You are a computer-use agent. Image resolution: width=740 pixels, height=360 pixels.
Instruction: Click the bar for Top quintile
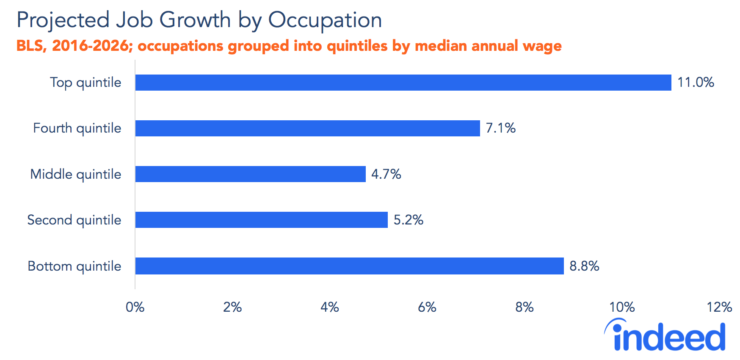pos(403,83)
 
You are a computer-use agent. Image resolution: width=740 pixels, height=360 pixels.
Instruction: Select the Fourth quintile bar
pos(307,128)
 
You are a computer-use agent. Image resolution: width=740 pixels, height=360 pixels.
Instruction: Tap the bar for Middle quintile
pos(250,174)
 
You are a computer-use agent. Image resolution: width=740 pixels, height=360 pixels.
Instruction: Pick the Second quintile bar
pos(261,220)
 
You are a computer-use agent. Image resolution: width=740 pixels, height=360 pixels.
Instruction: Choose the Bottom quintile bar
pos(349,266)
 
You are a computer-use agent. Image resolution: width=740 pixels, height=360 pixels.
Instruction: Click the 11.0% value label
pos(696,82)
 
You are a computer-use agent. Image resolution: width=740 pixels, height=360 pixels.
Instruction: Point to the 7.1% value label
pos(500,128)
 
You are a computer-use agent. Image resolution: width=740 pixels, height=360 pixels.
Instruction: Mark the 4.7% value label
pos(386,174)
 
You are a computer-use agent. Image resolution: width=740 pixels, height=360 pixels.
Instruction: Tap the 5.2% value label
pos(408,220)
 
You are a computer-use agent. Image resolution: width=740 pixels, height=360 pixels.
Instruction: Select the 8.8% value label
pos(584,266)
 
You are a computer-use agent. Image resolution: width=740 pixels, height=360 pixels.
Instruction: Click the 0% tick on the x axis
pos(135,307)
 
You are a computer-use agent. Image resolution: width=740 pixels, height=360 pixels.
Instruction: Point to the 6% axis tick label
pos(427,307)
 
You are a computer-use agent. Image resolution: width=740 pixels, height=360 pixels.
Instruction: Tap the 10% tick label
pos(621,307)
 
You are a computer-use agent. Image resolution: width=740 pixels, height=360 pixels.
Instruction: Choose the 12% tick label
pos(719,307)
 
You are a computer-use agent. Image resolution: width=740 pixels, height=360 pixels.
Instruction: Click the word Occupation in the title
pos(325,20)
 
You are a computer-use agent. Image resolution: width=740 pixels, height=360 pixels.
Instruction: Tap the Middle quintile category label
pos(76,174)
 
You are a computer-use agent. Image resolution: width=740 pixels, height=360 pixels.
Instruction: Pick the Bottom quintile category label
pos(75,266)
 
